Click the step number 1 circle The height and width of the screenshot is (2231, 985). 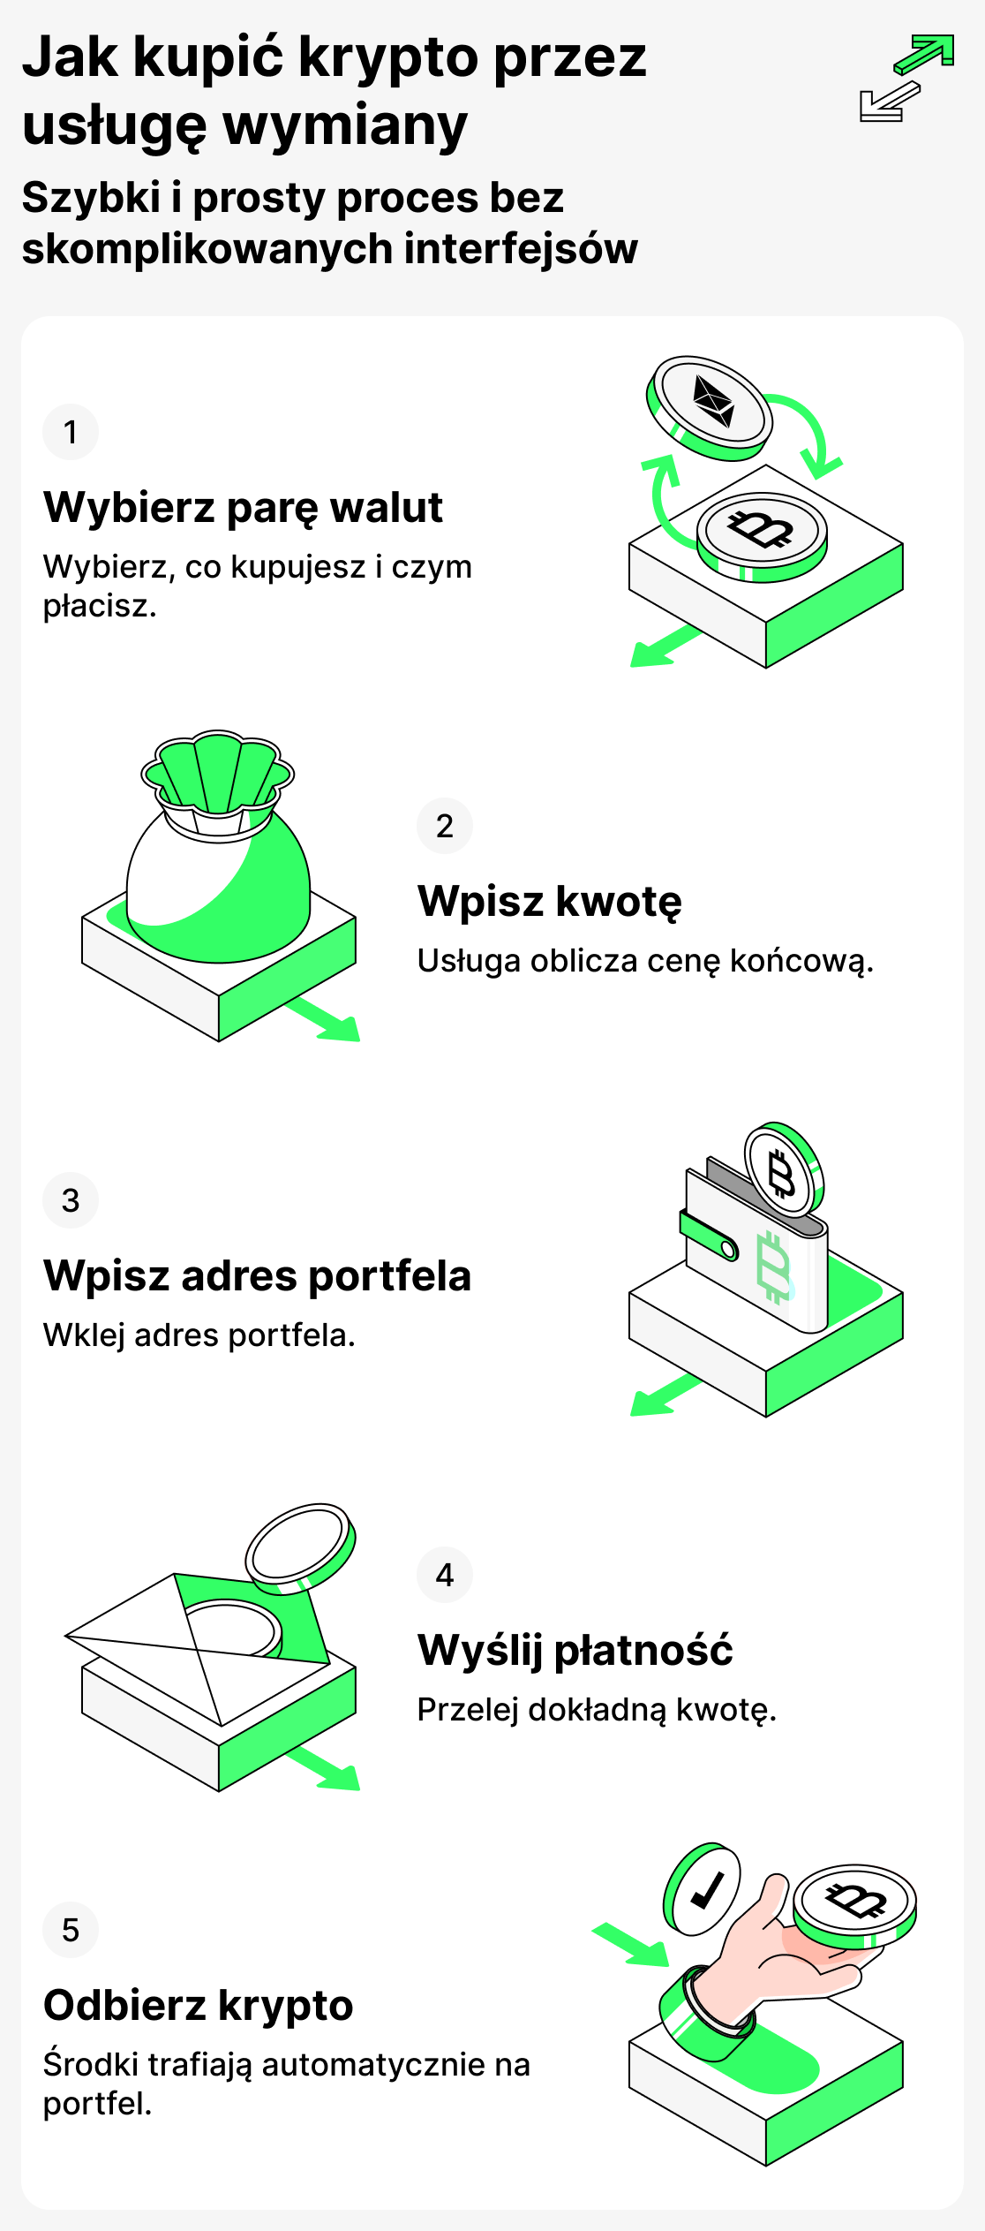[x=71, y=432]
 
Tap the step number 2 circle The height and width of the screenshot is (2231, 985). [x=445, y=826]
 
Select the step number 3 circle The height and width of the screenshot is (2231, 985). [x=71, y=1200]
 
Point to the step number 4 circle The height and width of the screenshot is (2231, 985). [x=445, y=1575]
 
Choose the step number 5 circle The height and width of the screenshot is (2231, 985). [x=71, y=1930]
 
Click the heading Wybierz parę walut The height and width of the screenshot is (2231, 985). [x=243, y=508]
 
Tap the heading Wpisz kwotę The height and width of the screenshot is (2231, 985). [x=549, y=902]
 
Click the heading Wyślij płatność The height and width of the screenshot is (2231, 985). [x=575, y=1651]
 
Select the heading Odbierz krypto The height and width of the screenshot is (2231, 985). [x=198, y=2006]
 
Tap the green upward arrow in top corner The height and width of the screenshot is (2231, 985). [x=925, y=54]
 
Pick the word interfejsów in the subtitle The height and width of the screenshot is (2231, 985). [x=521, y=249]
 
